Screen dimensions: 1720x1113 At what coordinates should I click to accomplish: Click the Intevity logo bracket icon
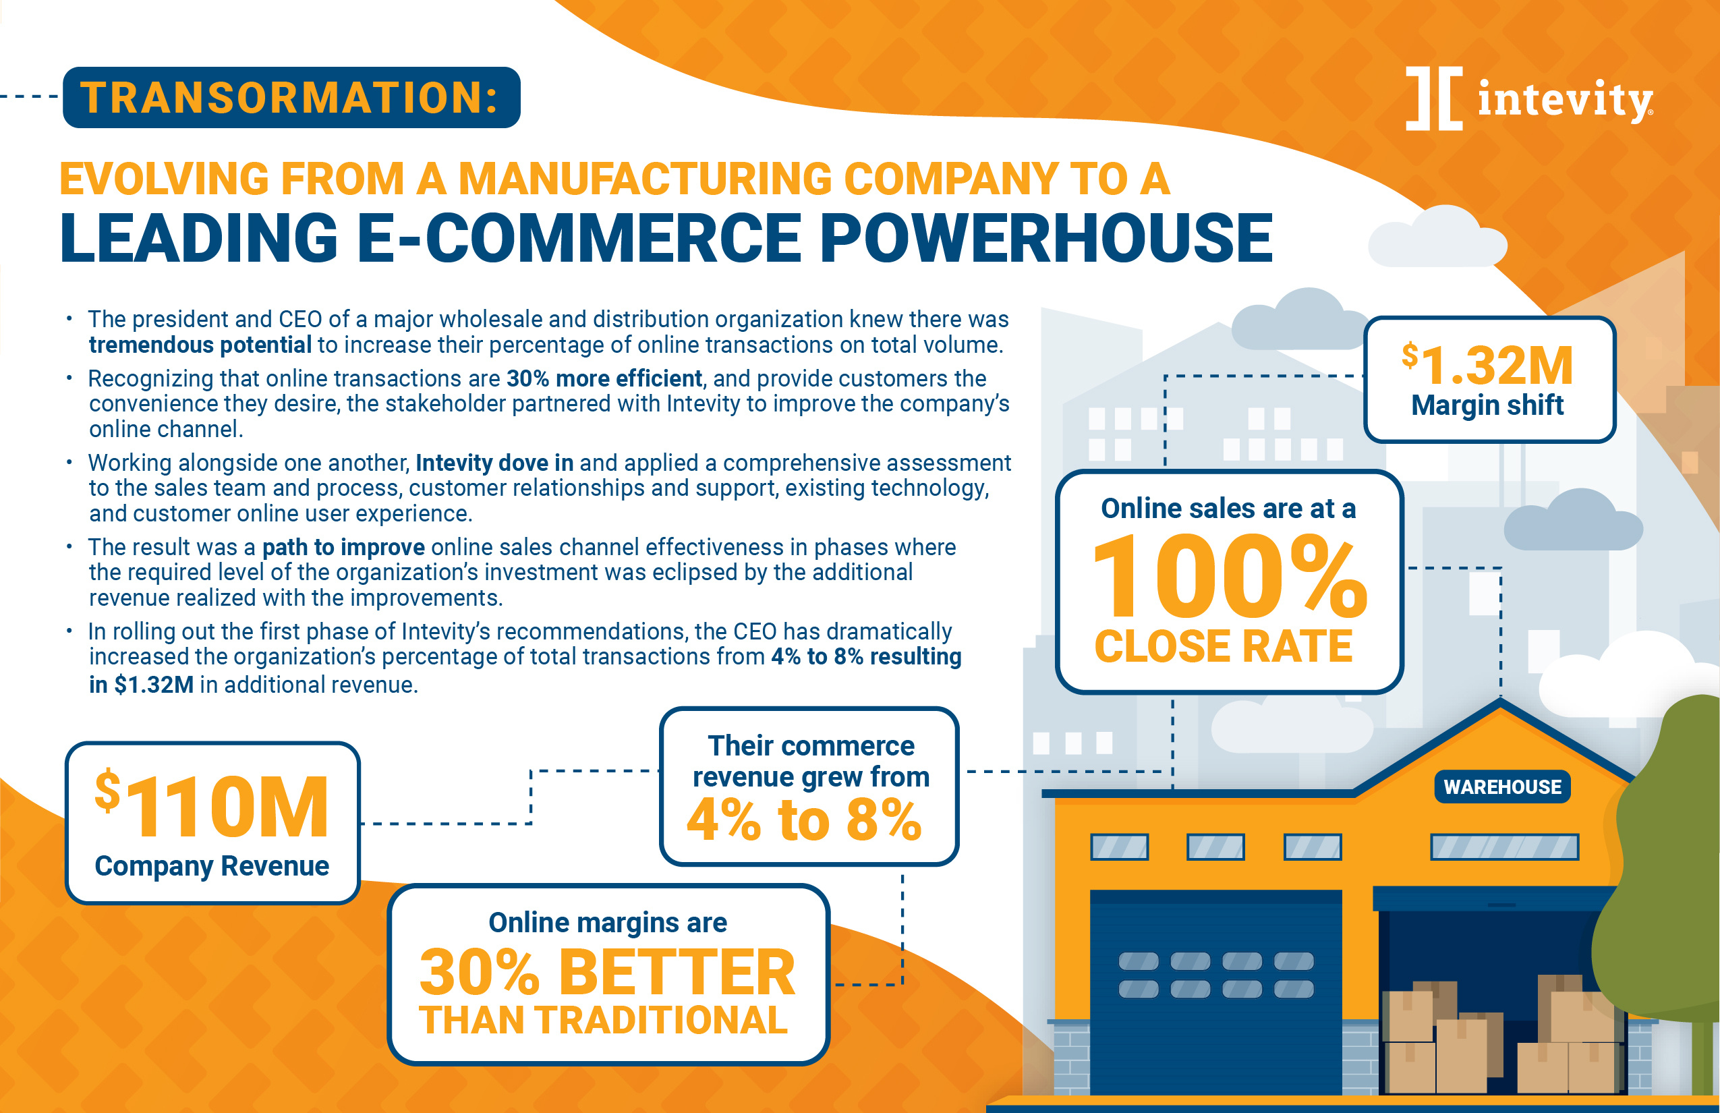(x=1434, y=98)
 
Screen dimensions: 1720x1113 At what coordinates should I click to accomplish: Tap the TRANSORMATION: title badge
(x=291, y=98)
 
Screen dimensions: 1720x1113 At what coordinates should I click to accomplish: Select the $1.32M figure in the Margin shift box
(x=1487, y=364)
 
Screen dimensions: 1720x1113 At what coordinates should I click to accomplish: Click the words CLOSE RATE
(x=1224, y=646)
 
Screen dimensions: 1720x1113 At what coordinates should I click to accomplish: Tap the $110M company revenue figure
(x=212, y=804)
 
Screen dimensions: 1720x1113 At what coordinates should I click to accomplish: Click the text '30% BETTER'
(x=607, y=972)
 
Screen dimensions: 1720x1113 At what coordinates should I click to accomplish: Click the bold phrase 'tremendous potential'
(x=200, y=345)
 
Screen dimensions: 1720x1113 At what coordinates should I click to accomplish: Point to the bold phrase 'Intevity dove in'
(x=494, y=463)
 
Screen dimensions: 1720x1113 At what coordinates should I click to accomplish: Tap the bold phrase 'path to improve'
(x=343, y=547)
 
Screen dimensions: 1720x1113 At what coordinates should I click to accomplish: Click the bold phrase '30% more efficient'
(x=604, y=378)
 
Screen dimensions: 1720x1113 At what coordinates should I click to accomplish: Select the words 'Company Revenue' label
(x=212, y=866)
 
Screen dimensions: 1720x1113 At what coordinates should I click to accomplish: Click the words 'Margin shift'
(x=1487, y=405)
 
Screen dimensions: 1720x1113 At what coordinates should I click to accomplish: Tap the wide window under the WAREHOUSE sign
(x=1505, y=847)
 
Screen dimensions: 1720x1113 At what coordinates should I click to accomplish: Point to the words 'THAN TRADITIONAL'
(x=603, y=1021)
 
